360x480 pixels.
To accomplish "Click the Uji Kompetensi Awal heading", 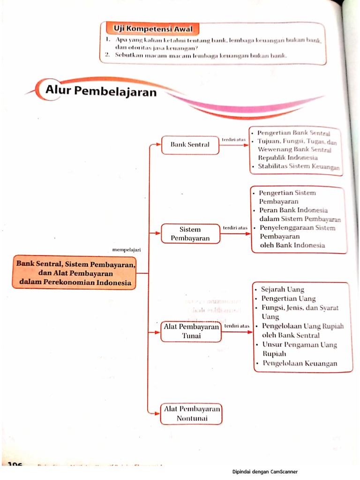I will (x=150, y=29).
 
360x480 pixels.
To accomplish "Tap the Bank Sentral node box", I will (x=190, y=145).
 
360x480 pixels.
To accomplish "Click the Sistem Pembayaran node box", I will (x=190, y=233).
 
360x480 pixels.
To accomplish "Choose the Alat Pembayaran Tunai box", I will (x=191, y=331).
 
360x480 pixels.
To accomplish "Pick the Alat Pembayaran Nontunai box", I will (x=191, y=413).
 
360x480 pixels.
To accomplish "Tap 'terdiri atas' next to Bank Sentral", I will (x=233, y=139).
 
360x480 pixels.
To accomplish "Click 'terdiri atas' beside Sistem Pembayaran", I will (x=235, y=228).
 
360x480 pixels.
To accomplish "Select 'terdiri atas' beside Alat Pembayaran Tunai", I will (x=237, y=325).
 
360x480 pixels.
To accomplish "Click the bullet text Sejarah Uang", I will (x=282, y=289).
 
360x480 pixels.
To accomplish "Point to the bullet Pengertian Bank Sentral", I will (x=293, y=133).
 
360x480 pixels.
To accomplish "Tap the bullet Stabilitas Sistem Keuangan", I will (x=298, y=166).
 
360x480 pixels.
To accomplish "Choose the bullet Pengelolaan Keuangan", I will (x=299, y=363).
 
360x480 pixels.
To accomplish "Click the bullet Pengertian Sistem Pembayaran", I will (x=287, y=197).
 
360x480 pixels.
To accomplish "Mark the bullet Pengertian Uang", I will (x=288, y=299).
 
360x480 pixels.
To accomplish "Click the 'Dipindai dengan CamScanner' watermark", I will (x=265, y=472).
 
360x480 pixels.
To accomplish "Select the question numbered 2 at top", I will (x=197, y=55).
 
